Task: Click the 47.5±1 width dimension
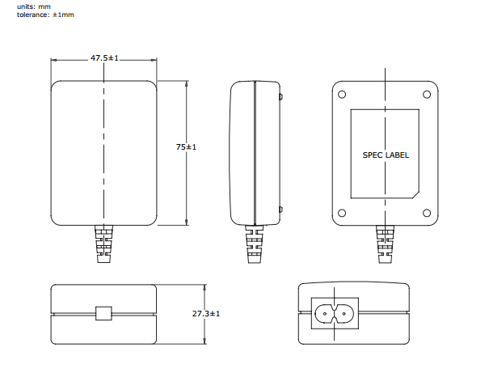[x=104, y=58]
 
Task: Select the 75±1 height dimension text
[x=186, y=147]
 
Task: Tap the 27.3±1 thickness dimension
[x=206, y=313]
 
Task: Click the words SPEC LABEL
[x=386, y=155]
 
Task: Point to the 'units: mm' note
[x=34, y=6]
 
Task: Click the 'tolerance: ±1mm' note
[x=45, y=15]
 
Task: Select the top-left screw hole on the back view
[x=342, y=95]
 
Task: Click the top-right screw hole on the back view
[x=427, y=95]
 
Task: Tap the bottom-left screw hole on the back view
[x=342, y=213]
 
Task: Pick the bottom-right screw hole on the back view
[x=427, y=213]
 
